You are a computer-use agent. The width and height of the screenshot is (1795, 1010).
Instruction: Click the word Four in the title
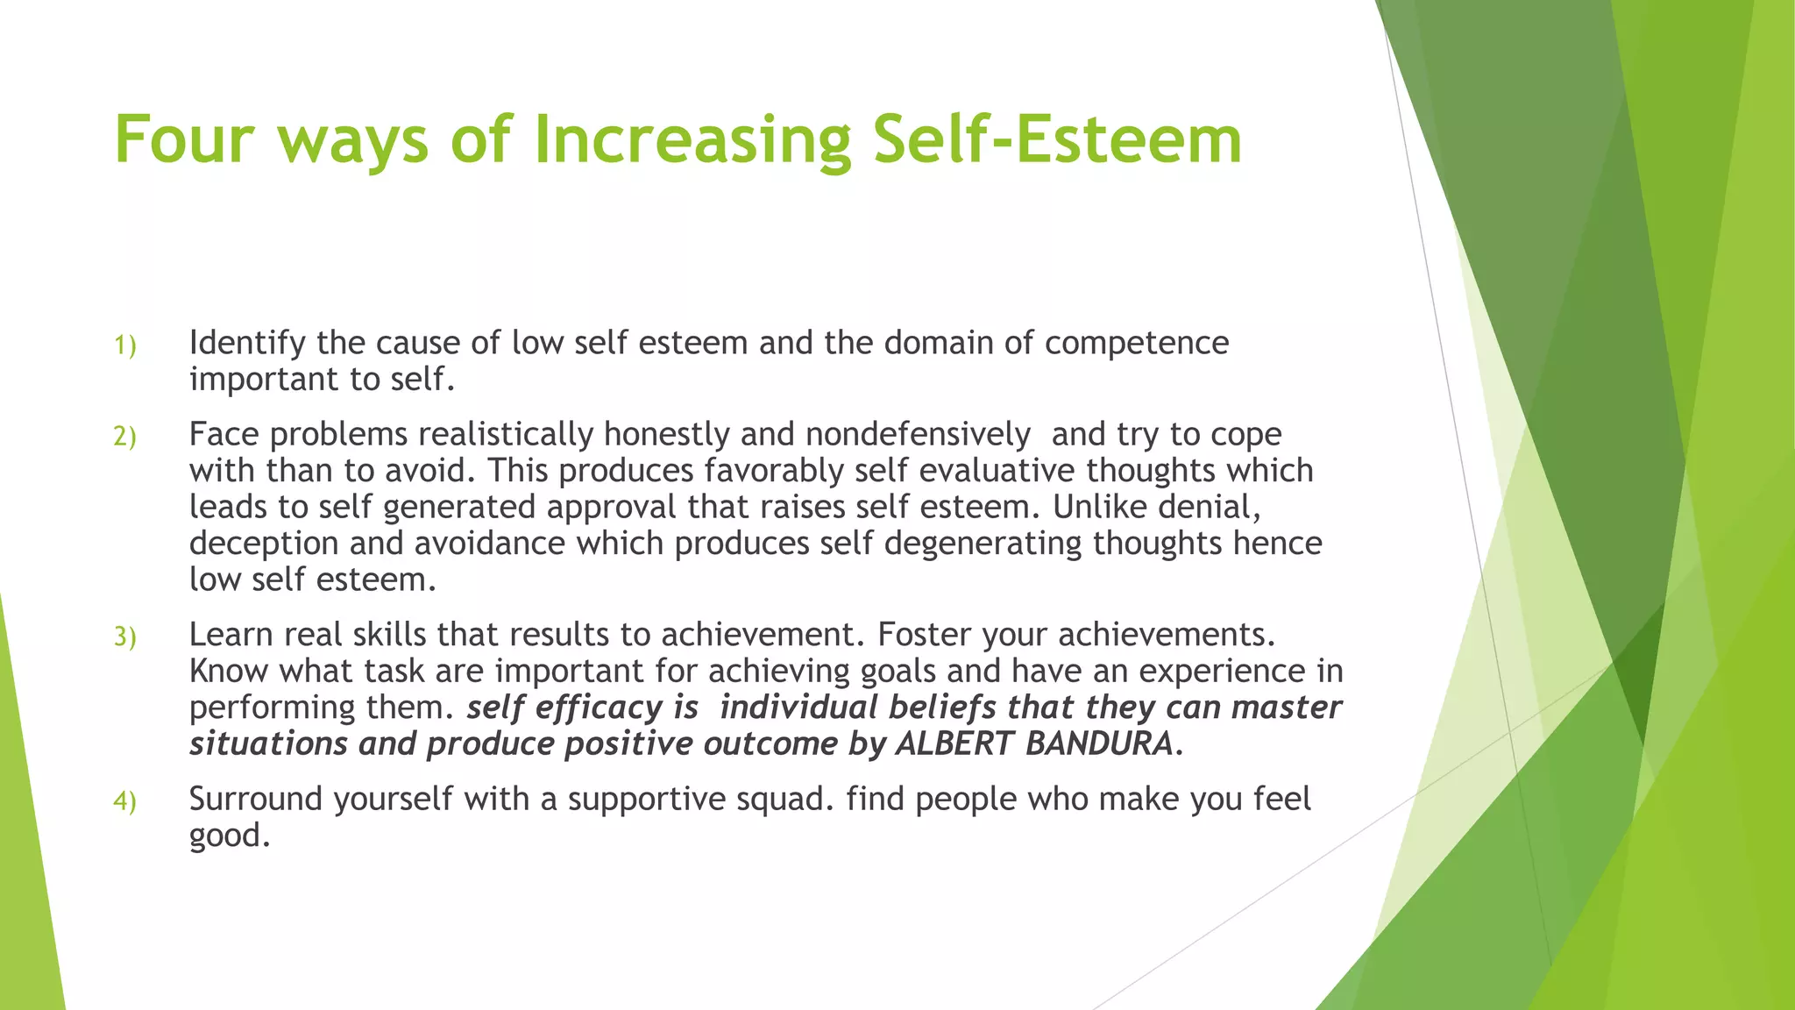[184, 139]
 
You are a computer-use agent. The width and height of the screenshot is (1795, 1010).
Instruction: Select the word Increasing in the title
[692, 139]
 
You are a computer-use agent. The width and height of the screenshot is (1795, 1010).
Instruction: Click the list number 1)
[125, 346]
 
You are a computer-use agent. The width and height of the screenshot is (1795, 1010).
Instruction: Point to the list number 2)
[125, 437]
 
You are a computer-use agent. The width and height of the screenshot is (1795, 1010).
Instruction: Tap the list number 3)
[125, 637]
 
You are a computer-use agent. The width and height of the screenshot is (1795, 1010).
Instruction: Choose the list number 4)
[125, 801]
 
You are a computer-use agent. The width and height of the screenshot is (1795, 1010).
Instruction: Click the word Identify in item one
[247, 343]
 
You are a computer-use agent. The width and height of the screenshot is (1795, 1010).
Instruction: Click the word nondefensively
[917, 434]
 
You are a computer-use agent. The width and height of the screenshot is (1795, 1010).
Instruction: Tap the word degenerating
[982, 544]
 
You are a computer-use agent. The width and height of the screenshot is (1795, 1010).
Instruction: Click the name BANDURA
[1099, 743]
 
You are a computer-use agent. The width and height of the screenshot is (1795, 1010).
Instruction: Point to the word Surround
[256, 799]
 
